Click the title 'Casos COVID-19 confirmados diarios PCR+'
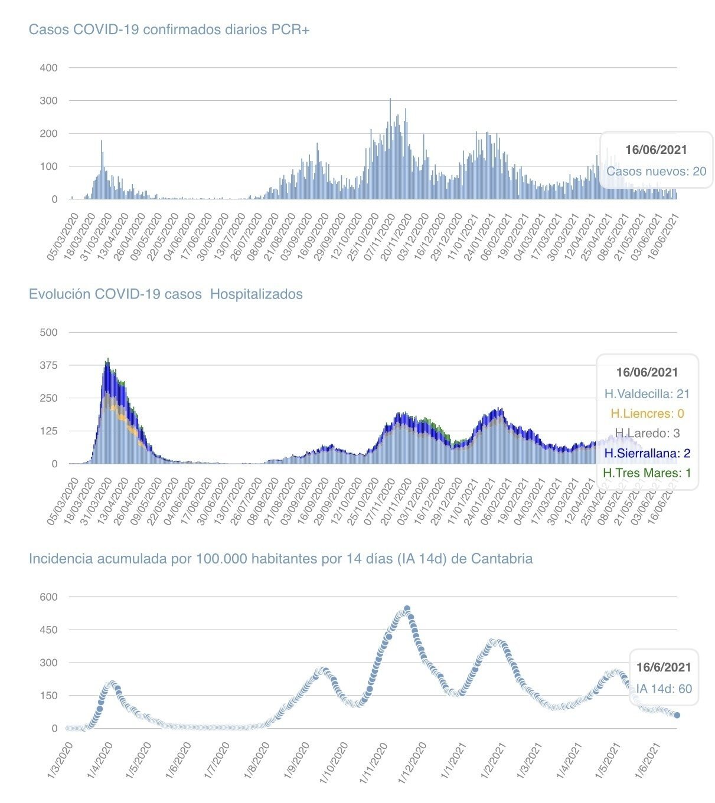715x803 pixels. [169, 30]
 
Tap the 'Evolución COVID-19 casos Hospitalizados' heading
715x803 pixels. [165, 294]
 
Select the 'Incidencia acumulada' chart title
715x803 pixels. [280, 558]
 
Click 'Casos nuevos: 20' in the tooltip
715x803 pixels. [656, 171]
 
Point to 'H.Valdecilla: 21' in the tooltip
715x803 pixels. [647, 394]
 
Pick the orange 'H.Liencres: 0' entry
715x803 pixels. [647, 414]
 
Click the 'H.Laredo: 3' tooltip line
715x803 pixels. [647, 433]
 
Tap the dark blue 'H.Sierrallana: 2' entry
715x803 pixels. [647, 453]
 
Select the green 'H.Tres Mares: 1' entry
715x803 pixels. [647, 473]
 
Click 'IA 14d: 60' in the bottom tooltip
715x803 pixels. [664, 689]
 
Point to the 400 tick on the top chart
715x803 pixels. [48, 68]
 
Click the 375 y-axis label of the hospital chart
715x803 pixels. [48, 365]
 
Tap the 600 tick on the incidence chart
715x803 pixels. [48, 596]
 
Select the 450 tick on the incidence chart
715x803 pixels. [48, 630]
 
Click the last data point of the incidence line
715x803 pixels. [677, 715]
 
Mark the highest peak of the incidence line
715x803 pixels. [407, 608]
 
